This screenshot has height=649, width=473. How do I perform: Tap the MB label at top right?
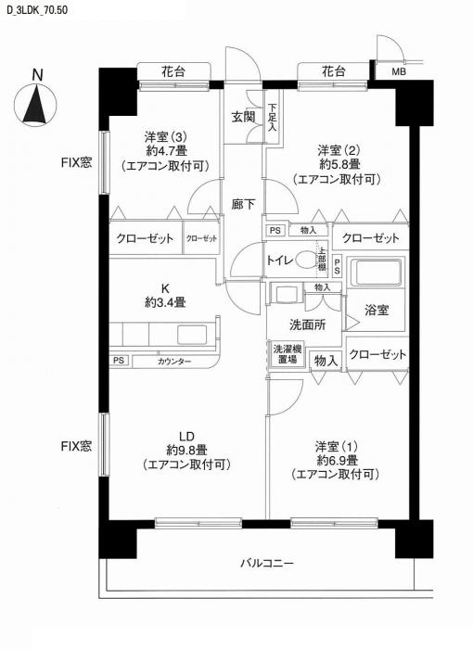coord(398,71)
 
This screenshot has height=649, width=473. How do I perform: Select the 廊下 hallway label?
coord(244,204)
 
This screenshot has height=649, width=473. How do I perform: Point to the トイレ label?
coord(281,261)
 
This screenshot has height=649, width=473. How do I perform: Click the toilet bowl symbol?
coord(307,261)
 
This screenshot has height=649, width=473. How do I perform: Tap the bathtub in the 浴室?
coord(378,274)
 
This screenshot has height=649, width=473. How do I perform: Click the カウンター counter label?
coord(174,362)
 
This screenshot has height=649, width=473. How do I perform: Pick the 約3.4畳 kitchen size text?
coord(165,301)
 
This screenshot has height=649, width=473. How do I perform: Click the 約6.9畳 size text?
coord(337,460)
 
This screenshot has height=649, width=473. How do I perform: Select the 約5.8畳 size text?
coord(338,164)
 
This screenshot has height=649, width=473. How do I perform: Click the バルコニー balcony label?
coord(267,563)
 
